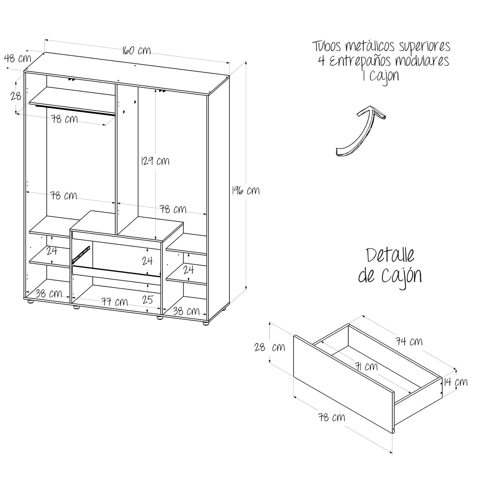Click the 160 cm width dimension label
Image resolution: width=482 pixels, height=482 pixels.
137,50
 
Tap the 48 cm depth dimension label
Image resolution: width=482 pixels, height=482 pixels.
17,58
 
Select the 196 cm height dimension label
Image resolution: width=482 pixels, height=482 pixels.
246,190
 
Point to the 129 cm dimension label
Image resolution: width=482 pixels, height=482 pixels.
155,160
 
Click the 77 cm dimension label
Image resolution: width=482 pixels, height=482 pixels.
115,302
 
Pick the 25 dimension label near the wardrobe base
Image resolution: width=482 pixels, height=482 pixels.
147,299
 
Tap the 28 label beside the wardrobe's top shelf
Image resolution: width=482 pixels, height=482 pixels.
16,96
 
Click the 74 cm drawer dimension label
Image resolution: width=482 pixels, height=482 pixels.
409,341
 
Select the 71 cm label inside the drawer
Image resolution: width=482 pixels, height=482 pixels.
366,366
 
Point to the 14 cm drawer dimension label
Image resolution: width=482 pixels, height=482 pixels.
456,382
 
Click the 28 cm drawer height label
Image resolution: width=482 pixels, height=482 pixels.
270,347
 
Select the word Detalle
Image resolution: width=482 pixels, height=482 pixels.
390,255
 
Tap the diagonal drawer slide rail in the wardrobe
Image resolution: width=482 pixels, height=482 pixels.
81,254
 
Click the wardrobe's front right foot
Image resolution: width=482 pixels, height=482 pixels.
206,323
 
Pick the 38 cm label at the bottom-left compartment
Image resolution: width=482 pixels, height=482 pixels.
48,293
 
